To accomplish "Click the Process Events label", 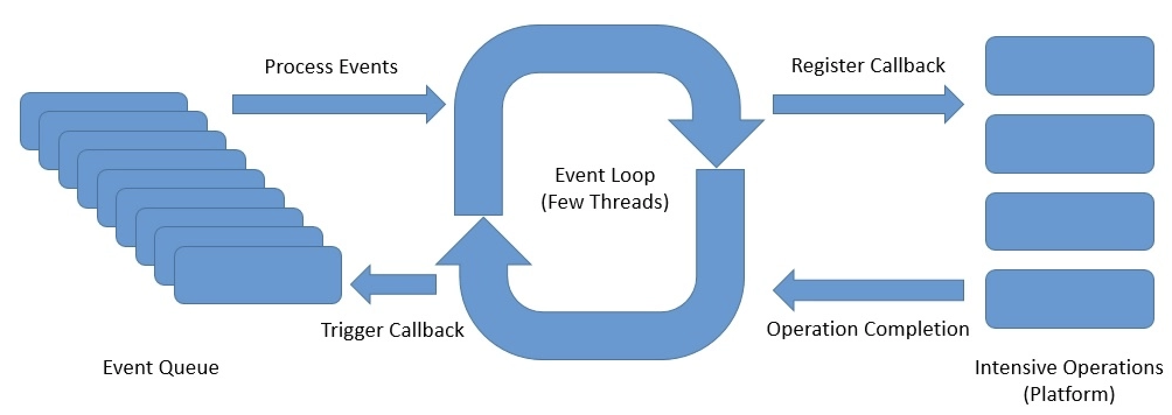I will pyautogui.click(x=331, y=66).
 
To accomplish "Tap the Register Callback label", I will pyautogui.click(x=868, y=65).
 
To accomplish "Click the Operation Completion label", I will pyautogui.click(x=867, y=329).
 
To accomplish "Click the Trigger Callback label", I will pyautogui.click(x=392, y=330).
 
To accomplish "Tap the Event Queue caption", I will pyautogui.click(x=161, y=367).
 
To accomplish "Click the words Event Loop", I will pyautogui.click(x=605, y=175).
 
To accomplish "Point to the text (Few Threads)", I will pyautogui.click(x=605, y=202).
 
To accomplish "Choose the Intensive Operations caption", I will pyautogui.click(x=1069, y=367).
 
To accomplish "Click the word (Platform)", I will pyautogui.click(x=1069, y=394).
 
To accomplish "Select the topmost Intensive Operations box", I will pyautogui.click(x=1069, y=66).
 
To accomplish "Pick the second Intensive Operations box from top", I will pyautogui.click(x=1069, y=144).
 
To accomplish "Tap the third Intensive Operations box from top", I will pyautogui.click(x=1069, y=221).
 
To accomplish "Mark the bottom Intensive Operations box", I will pyautogui.click(x=1069, y=299).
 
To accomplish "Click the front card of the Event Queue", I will pyautogui.click(x=258, y=275).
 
